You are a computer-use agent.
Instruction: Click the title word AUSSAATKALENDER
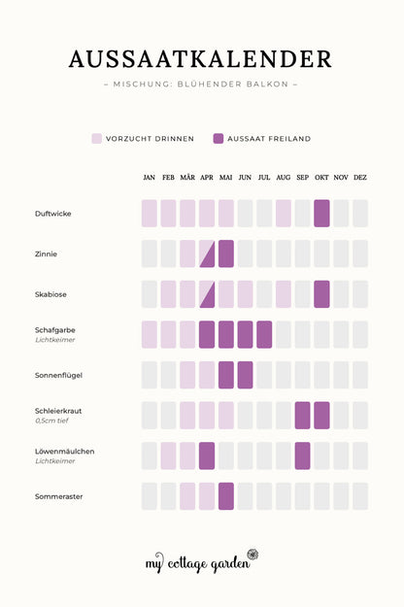pos(200,59)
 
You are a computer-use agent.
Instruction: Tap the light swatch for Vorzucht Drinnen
pos(97,139)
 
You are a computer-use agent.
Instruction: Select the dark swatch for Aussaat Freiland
pos(219,139)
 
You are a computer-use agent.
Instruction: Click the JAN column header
pos(149,178)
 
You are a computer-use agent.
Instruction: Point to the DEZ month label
pos(360,178)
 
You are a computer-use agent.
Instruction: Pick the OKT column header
pos(321,178)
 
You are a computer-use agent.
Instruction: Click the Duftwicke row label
pos(53,214)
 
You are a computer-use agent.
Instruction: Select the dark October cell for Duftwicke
pos(321,214)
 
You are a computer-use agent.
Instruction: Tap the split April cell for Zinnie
pos(207,253)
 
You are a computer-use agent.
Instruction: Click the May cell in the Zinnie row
pos(226,253)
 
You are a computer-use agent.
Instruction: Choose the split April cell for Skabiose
pos(207,294)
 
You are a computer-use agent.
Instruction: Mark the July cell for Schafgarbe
pos(264,334)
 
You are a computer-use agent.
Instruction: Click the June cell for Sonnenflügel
pos(245,375)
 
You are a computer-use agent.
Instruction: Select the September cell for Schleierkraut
pos(303,416)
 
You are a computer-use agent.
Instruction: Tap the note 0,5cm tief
pos(51,421)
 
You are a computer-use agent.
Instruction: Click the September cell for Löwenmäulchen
pos(303,455)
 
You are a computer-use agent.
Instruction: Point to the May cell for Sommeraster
pos(226,496)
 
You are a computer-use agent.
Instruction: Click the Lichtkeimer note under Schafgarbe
pos(55,340)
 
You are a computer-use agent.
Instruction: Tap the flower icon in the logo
pos(252,555)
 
